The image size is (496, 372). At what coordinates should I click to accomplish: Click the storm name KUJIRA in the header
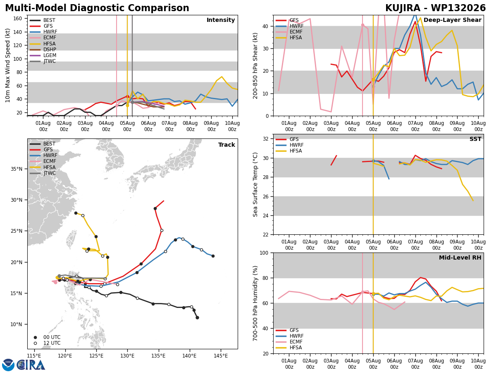[403, 8]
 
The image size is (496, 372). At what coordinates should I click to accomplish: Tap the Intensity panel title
[221, 20]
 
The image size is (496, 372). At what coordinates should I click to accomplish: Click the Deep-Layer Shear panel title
[452, 20]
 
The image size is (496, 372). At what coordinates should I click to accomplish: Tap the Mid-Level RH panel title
[460, 258]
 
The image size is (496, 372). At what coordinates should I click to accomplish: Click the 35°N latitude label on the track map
[17, 169]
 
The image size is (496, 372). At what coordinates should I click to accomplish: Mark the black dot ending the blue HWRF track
[213, 256]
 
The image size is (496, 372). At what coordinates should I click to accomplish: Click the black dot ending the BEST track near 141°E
[197, 318]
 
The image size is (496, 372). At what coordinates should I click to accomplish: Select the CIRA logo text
[31, 365]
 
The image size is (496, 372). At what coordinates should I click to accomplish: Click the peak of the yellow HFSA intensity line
[222, 77]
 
